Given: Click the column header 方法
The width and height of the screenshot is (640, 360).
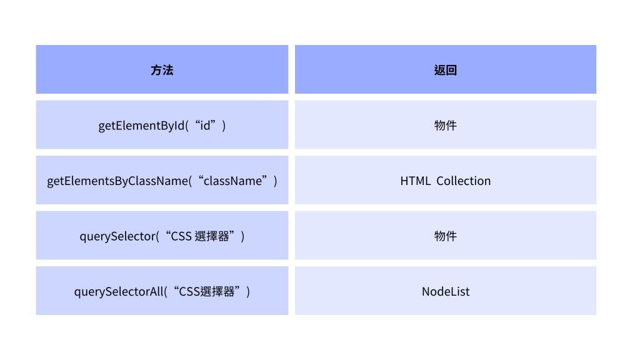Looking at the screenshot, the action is point(162,70).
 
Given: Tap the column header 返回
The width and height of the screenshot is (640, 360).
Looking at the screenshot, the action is point(446,70).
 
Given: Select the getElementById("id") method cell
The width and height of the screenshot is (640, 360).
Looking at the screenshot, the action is point(162,126).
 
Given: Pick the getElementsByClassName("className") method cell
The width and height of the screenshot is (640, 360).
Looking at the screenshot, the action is point(162,181).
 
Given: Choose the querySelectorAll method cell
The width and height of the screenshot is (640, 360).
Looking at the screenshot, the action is point(162,291).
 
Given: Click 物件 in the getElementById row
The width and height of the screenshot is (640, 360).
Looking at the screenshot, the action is point(446,126).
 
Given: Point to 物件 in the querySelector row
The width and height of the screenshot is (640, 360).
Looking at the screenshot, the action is point(446,236).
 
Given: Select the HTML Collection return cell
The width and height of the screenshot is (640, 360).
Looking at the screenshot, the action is point(446,181).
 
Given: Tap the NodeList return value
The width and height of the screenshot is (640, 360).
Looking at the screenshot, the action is point(446,291).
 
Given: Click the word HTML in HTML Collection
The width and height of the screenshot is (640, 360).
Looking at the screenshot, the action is point(415,181).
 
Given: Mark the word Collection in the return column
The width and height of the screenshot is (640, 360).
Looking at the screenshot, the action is point(463,181).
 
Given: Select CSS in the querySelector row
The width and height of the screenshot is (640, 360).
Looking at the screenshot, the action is point(182,236).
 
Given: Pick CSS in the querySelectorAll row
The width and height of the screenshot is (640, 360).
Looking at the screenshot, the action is point(189,291).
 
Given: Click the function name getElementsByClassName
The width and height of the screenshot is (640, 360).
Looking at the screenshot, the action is point(117,181).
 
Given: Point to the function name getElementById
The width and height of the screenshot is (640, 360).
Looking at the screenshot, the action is point(142,126).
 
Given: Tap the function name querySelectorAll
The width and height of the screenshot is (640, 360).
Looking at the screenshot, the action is point(119,291).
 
